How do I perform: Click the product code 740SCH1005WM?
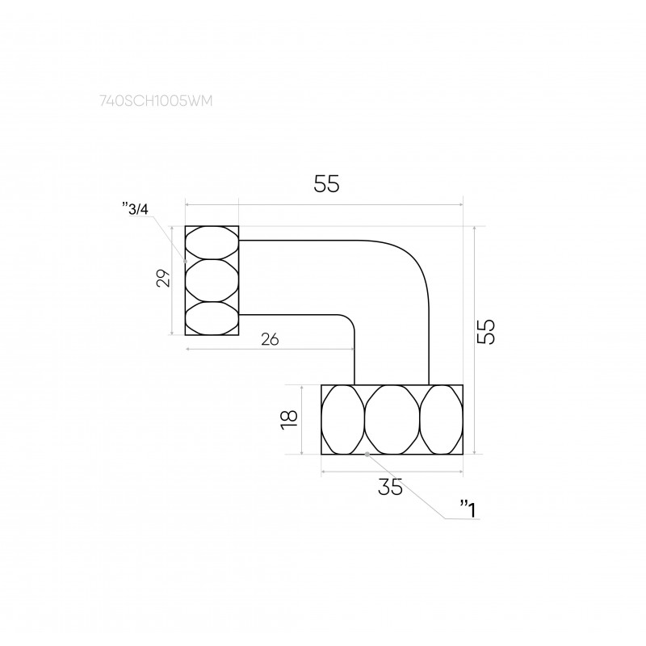coord(156,101)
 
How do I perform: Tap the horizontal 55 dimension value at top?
coord(326,184)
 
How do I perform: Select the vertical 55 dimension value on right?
coord(486,332)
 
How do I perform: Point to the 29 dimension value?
coord(163,278)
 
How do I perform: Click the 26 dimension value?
coord(270,339)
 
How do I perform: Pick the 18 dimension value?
coord(289,420)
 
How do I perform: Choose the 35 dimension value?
coord(390,488)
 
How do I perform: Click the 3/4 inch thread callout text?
coord(136,209)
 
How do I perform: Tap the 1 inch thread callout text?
coord(468,510)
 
